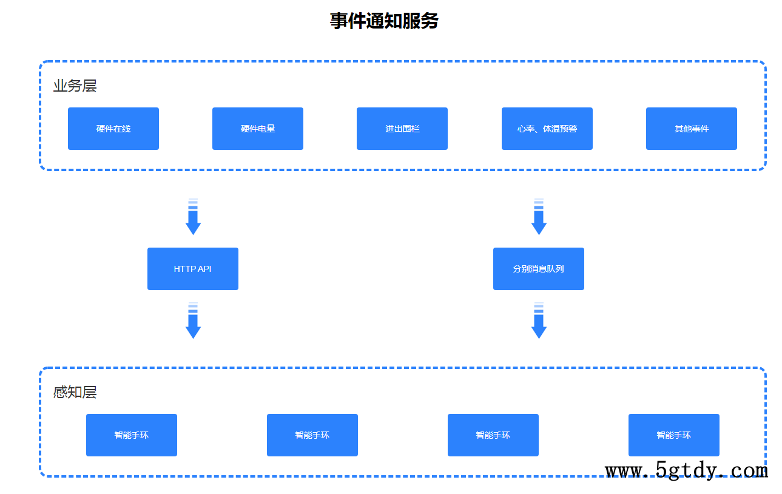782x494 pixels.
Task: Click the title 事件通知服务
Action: (384, 21)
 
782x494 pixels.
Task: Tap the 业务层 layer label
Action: (75, 86)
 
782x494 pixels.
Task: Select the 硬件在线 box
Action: (113, 129)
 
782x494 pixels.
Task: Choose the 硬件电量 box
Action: (258, 129)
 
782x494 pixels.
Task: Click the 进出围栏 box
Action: (402, 129)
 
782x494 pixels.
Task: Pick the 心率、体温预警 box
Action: (547, 129)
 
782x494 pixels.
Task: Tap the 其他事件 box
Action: (691, 129)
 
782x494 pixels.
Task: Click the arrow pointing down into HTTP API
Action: (193, 217)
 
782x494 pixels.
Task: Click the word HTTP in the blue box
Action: (183, 269)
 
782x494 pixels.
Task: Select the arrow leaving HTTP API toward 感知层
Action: (193, 321)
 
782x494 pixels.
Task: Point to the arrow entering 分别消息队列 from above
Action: (539, 217)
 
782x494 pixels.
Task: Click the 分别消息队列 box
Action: (539, 269)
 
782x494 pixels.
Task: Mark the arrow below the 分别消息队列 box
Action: (539, 321)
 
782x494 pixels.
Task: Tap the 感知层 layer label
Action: (75, 392)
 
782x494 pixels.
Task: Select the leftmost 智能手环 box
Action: (132, 435)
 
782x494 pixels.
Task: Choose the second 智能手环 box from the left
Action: (312, 435)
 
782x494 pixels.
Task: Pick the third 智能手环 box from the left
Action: (493, 435)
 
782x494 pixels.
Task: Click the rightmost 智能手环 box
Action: (674, 435)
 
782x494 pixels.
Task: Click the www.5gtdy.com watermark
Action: (686, 471)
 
